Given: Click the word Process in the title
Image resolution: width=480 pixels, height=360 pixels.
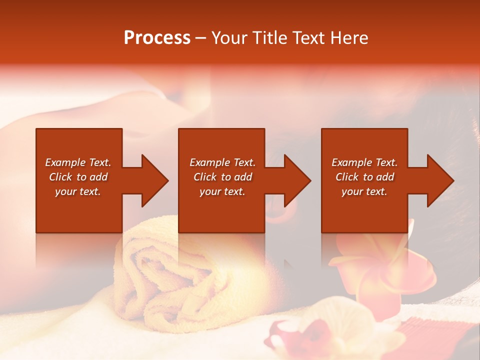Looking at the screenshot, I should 157,38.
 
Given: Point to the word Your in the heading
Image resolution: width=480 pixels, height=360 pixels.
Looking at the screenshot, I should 230,38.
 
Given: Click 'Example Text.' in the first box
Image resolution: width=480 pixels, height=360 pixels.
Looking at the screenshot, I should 78,162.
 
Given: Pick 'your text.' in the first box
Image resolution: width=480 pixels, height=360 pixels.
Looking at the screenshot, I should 78,191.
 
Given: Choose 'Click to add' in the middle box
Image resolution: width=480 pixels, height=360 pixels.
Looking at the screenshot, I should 222,177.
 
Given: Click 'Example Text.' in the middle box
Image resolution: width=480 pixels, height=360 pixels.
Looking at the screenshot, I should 222,162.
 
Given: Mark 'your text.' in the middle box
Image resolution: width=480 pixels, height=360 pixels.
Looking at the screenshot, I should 222,191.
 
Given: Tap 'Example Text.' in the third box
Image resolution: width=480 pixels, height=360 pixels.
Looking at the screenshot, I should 364,162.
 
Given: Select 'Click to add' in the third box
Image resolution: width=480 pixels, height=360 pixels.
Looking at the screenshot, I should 364,177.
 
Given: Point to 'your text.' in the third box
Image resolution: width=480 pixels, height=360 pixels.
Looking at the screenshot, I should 364,191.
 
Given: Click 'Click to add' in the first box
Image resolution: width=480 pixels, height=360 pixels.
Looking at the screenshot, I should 78,177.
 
